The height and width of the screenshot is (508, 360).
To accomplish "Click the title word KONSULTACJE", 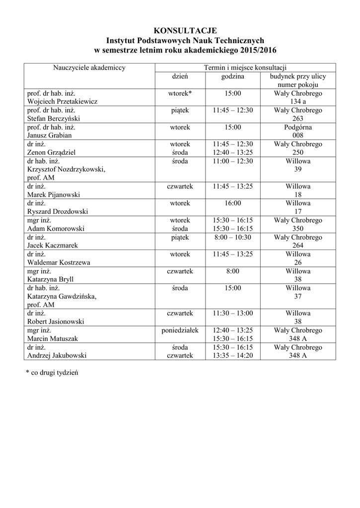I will coord(186,31).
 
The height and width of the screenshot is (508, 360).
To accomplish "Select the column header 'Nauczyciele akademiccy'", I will coord(89,67).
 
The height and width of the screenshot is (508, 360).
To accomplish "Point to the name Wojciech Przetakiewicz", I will coord(63,101).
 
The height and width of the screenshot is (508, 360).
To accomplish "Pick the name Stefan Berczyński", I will coord(54,119).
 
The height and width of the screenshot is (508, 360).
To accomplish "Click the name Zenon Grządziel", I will coord(52,152).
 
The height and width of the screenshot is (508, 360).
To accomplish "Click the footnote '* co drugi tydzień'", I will coord(52,373).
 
